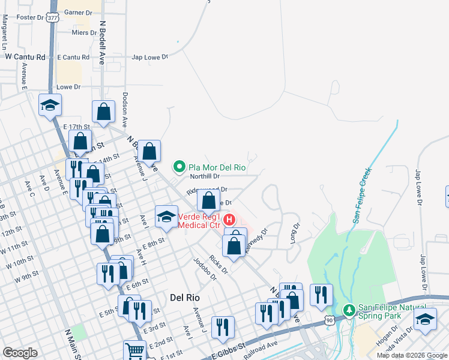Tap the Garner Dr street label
pyautogui.click(x=78, y=12)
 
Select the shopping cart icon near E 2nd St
pyautogui.click(x=135, y=350)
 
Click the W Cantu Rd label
pyautogui.click(x=25, y=57)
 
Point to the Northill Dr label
pyautogui.click(x=205, y=176)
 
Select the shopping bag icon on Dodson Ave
pyautogui.click(x=103, y=111)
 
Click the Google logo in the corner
pyautogui.click(x=19, y=353)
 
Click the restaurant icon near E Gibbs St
pyautogui.click(x=223, y=326)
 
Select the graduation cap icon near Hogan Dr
pyautogui.click(x=426, y=320)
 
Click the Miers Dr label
pyautogui.click(x=83, y=33)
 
